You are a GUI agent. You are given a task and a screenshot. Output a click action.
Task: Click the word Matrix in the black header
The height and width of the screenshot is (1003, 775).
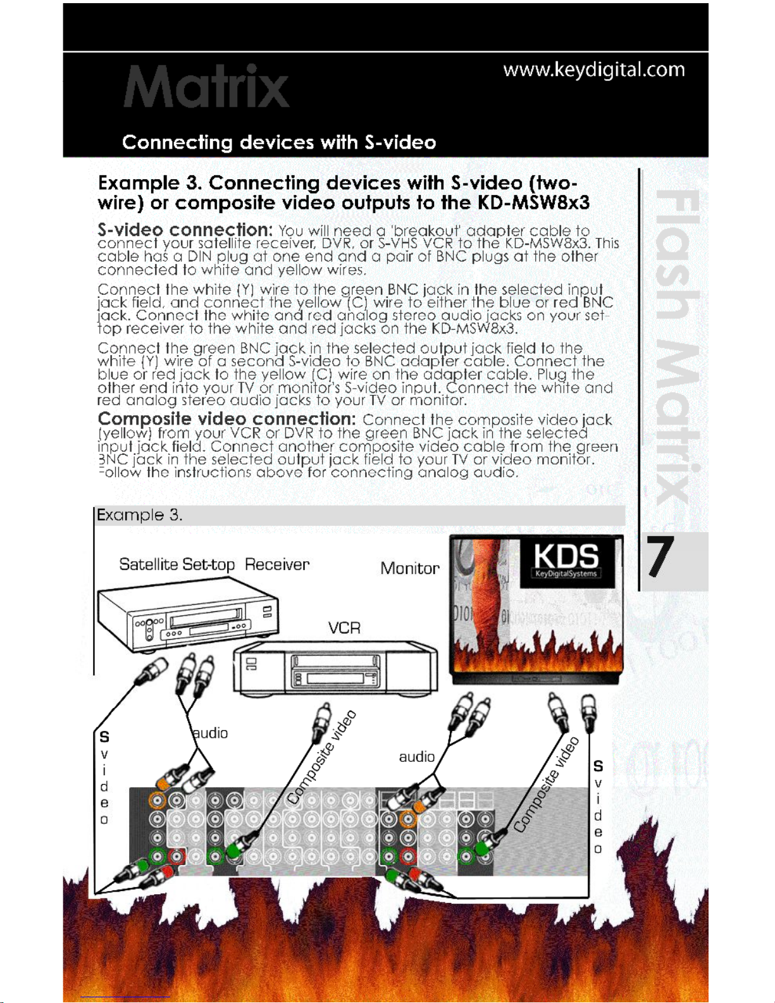[x=206, y=87]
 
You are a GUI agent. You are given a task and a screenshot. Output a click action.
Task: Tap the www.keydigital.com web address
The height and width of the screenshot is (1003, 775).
[x=593, y=70]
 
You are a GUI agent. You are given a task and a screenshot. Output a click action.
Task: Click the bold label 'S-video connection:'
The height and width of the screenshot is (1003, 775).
[x=185, y=229]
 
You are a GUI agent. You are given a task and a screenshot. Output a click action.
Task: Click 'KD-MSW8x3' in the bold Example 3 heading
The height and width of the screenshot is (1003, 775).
[x=533, y=203]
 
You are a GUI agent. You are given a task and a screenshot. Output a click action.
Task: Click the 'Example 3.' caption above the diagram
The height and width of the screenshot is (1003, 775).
[x=140, y=515]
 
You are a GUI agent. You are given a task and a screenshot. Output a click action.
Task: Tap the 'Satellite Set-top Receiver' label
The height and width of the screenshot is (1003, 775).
[x=214, y=564]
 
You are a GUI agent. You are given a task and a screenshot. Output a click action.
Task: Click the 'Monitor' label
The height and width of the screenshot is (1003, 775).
[x=409, y=568]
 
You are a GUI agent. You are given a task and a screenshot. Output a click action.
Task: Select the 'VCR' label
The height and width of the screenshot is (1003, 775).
[x=344, y=628]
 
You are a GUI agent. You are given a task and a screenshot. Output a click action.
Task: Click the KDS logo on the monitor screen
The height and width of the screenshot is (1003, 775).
[x=566, y=560]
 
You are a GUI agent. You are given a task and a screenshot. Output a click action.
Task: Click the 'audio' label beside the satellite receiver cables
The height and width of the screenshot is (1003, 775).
[x=210, y=733]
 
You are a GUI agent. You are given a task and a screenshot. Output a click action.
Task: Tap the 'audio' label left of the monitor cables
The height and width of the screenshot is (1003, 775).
[x=416, y=756]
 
